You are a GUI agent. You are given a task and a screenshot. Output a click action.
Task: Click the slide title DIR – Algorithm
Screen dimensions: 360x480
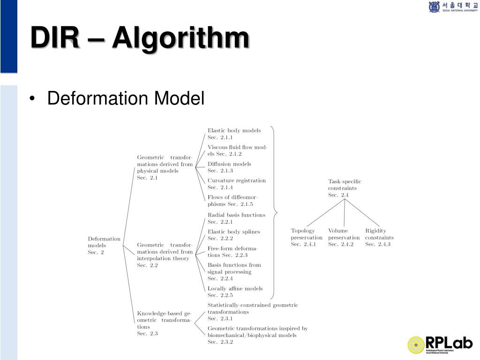139,38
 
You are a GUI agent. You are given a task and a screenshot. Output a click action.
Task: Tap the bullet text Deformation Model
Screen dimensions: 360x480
126,99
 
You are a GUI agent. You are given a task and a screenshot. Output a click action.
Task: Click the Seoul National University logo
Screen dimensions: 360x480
452,7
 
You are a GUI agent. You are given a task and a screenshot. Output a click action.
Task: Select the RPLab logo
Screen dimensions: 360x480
440,345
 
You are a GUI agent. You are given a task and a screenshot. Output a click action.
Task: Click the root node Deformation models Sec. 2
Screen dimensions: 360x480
104,245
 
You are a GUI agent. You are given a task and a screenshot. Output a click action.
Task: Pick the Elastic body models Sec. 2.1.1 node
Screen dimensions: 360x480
234,134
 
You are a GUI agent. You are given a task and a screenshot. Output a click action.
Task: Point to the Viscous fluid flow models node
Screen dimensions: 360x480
237,150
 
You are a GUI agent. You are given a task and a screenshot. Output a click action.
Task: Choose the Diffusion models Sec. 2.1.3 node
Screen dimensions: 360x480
229,167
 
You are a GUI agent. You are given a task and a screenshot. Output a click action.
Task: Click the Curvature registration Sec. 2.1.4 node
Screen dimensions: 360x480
236,184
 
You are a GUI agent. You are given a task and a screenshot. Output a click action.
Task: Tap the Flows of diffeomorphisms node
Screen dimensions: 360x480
232,201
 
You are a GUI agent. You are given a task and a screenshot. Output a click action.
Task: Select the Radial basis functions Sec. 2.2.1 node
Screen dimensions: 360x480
236,218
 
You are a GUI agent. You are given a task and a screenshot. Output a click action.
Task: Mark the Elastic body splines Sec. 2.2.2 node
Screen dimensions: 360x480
233,235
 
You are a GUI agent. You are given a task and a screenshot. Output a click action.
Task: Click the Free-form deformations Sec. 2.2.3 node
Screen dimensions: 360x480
232,251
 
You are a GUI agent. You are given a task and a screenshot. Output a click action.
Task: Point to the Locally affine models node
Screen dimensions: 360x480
235,292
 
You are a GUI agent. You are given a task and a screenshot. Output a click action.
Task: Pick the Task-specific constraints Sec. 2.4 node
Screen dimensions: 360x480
345,188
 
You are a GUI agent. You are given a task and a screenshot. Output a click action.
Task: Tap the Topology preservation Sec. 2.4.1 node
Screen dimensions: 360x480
307,237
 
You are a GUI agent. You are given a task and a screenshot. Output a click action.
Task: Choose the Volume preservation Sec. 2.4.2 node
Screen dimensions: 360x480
344,237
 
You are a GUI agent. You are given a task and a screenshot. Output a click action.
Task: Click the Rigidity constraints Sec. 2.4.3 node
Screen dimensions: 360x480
379,237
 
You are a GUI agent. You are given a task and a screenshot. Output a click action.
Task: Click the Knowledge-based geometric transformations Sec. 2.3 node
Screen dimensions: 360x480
164,323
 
